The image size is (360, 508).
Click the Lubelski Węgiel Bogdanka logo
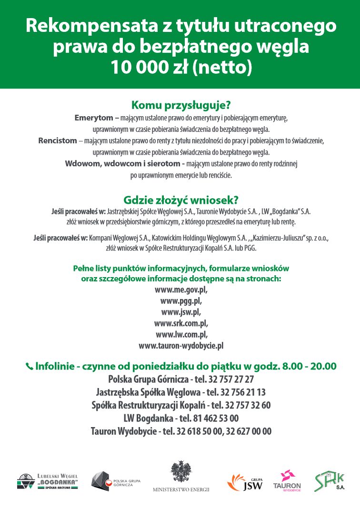48,481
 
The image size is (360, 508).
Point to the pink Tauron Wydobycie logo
287,481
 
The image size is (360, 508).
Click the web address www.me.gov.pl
181,289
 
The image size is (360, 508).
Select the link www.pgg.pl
181,300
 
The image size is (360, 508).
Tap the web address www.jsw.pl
181,312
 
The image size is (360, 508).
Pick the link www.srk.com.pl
181,323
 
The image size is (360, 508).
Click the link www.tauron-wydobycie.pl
181,346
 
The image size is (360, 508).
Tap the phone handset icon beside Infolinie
30,367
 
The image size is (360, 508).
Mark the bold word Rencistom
57,140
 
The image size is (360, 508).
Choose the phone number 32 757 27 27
231,379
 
